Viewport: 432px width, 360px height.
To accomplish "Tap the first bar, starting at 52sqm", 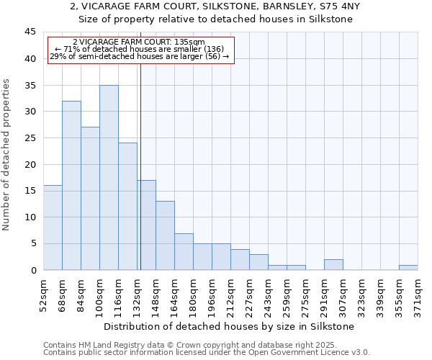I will click(x=53, y=228).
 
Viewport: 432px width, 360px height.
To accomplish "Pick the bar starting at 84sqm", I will click(x=90, y=199).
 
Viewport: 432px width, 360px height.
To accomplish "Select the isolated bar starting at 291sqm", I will click(x=333, y=265).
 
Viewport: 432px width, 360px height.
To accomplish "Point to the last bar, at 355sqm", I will click(x=408, y=268).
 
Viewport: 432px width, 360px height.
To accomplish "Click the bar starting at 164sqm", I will click(x=184, y=251).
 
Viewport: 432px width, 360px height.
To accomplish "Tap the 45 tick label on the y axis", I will click(x=30, y=32).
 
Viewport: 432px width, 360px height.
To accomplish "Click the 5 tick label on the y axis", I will click(x=32, y=243).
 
